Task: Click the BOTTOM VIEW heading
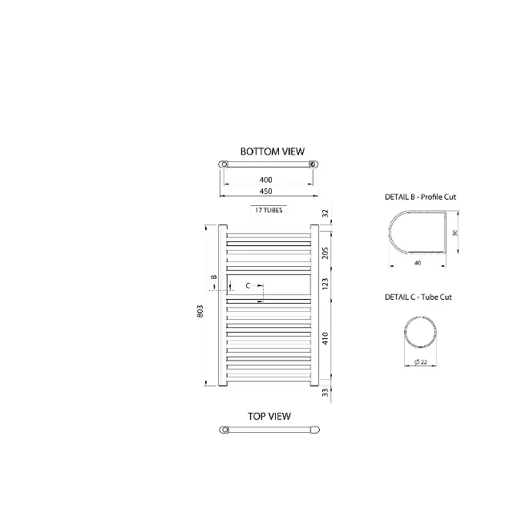273,151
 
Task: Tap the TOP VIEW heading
269,417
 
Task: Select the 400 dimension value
265,180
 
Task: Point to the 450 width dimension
265,191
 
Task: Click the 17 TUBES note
269,210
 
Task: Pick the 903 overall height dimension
200,312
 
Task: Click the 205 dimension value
325,252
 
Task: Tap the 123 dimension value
325,284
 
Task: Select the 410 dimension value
325,338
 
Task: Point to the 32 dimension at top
325,213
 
